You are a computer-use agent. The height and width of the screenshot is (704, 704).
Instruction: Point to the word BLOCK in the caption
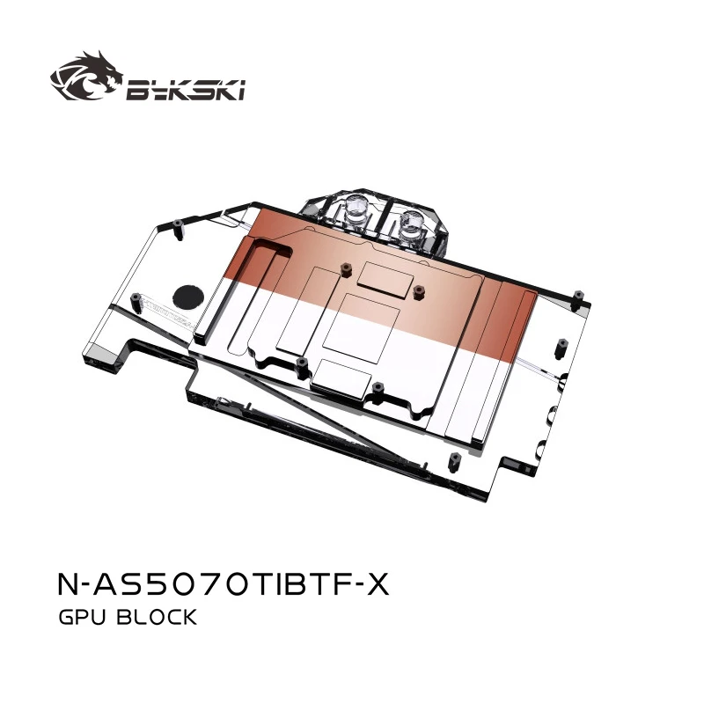tap(161, 618)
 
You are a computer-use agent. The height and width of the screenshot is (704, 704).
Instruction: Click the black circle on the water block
tap(187, 294)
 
